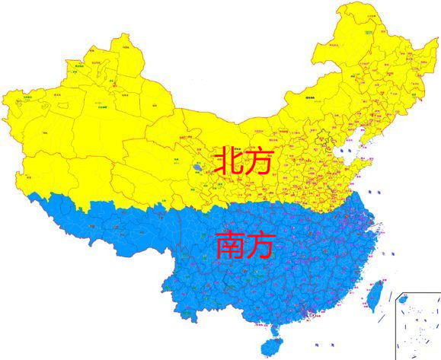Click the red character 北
(x=228, y=161)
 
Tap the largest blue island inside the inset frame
(x=404, y=300)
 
